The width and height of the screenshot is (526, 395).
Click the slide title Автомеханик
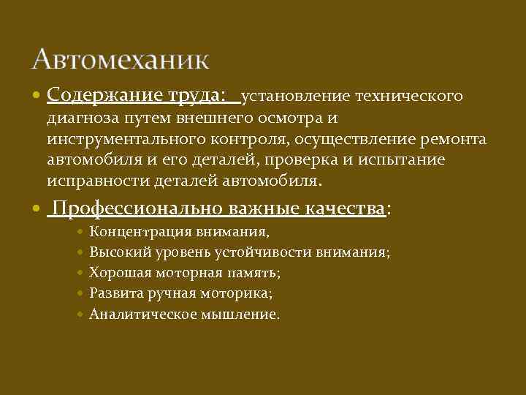[121, 59]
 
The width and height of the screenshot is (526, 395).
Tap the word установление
[296, 96]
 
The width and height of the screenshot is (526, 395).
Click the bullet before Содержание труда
[38, 96]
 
